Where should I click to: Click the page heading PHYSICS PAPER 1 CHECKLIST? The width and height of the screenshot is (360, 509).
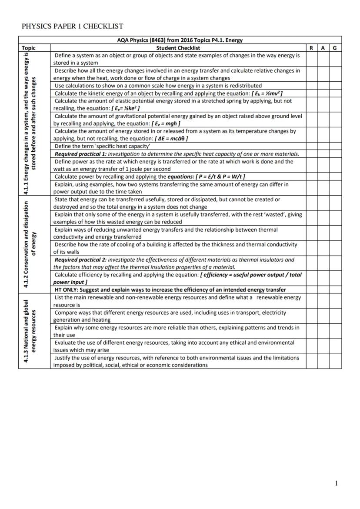72,27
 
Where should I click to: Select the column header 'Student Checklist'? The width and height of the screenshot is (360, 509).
178,48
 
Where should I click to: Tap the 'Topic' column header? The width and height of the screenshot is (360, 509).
28,48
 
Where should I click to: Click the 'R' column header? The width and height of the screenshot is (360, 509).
311,48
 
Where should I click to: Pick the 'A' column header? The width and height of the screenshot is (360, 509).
323,48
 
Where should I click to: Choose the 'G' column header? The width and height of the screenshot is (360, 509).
335,48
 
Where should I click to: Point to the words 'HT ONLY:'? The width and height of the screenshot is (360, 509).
66,289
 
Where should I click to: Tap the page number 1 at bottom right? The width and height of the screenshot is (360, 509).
336,483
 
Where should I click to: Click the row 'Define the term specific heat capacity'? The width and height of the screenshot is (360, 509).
102,146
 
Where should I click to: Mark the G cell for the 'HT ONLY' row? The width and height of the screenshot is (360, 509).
335,289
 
